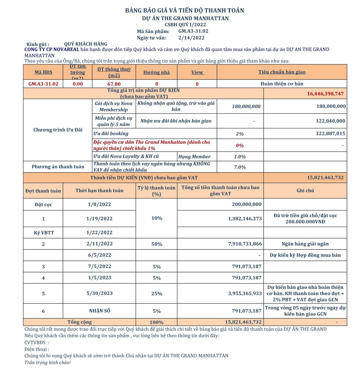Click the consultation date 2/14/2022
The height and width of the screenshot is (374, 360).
pos(191,38)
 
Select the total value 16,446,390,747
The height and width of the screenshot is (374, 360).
pos(325,94)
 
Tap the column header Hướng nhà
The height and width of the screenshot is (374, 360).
pos(156,73)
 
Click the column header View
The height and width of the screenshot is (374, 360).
pos(197,73)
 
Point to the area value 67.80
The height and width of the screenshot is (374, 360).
pos(114,84)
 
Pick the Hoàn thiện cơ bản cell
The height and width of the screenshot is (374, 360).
pos(282,84)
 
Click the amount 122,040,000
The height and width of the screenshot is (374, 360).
pos(330,121)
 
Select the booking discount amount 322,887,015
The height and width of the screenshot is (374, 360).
pos(330,134)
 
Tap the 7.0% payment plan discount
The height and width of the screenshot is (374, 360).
pos(240,167)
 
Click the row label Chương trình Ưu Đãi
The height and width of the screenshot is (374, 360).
pos(58,130)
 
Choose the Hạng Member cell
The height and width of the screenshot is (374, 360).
pos(194,157)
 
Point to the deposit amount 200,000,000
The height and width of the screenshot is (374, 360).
pos(246,204)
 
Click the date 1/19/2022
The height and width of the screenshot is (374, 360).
pos(99,219)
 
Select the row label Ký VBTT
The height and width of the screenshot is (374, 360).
pos(44,233)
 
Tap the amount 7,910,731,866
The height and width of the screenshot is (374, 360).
pos(245,244)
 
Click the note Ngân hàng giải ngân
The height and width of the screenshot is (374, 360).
pos(305,244)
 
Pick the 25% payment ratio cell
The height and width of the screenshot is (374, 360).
pos(157,294)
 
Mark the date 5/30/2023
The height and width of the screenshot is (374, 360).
pos(99,293)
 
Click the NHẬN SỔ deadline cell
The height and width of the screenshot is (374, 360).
pos(99,311)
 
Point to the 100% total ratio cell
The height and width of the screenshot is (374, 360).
pos(156,322)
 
